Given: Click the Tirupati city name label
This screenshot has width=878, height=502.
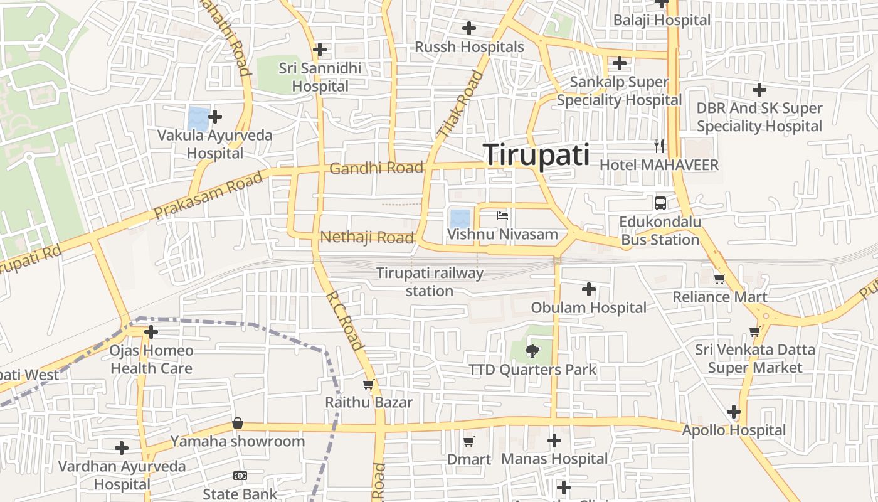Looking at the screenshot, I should click(536, 154).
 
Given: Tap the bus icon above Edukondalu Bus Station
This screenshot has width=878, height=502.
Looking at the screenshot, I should click(660, 203).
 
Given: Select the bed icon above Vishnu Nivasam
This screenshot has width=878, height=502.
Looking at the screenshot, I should click(502, 216).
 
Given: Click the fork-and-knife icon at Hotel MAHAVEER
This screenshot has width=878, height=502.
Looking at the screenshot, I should click(658, 146).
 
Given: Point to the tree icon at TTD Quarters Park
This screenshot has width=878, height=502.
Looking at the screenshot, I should click(532, 351).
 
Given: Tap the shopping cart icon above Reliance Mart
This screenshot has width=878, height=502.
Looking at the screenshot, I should click(719, 279).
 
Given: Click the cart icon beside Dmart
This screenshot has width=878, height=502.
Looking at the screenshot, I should click(468, 441).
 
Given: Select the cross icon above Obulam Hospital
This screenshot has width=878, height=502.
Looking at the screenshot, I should click(588, 289).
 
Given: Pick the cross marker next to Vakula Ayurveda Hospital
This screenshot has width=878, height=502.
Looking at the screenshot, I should click(215, 117).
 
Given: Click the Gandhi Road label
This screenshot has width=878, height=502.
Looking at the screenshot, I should click(376, 168).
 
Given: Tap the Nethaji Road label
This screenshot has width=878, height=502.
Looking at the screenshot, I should click(367, 237).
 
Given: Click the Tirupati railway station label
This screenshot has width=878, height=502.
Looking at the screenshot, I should click(430, 282).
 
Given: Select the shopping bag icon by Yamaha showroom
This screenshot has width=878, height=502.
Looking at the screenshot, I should click(238, 424).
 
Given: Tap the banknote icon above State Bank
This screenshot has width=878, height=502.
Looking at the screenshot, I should click(240, 476).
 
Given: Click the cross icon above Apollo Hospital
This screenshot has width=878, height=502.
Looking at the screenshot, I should click(734, 412).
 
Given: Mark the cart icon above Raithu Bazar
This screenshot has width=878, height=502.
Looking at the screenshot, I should click(369, 384).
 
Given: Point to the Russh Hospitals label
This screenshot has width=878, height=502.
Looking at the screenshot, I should click(469, 47).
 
